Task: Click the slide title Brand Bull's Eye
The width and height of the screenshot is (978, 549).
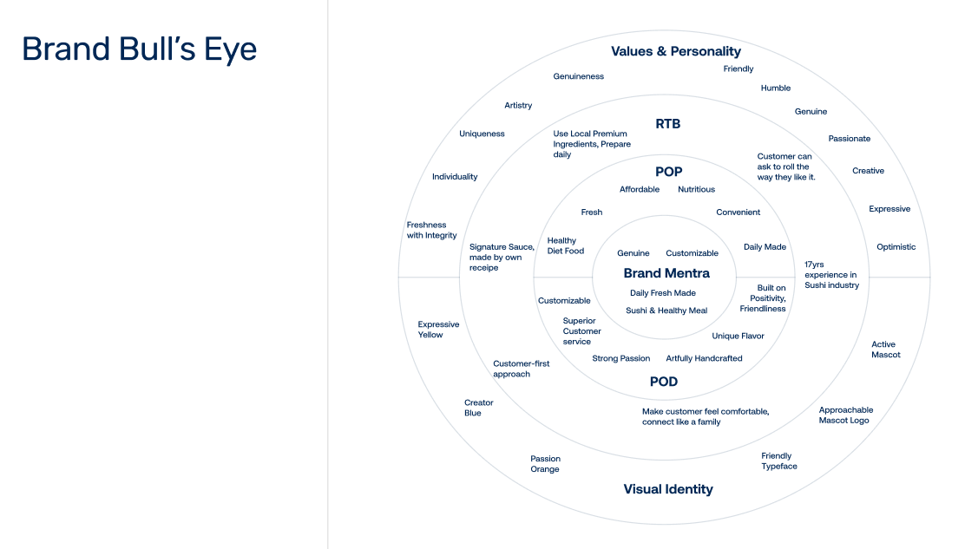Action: point(139,49)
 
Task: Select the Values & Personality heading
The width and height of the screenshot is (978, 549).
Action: point(676,51)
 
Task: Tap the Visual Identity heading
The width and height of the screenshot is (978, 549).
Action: point(668,489)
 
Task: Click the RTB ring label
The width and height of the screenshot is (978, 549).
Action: point(668,124)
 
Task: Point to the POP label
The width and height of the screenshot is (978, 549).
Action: point(668,172)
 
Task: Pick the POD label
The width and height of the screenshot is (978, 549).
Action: point(664,382)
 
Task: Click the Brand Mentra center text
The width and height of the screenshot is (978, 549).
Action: point(666,273)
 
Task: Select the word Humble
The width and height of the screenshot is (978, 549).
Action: point(776,88)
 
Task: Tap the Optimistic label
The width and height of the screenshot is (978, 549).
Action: point(896,247)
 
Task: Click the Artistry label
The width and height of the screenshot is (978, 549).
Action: point(518,106)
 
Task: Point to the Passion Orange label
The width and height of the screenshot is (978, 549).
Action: point(546,464)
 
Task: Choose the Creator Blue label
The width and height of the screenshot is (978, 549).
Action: point(478,408)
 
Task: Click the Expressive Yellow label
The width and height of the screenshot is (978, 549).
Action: point(438,330)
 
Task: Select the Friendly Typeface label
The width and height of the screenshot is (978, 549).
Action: point(778,461)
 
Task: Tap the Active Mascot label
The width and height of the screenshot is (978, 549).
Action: point(885,350)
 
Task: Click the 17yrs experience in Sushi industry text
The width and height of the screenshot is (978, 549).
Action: point(831,275)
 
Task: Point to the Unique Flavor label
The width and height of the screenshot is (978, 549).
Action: point(738,336)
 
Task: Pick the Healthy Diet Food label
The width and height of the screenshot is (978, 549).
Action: point(566,246)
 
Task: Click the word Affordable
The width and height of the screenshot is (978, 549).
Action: point(640,189)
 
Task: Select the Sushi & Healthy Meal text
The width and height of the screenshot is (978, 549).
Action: point(666,310)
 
